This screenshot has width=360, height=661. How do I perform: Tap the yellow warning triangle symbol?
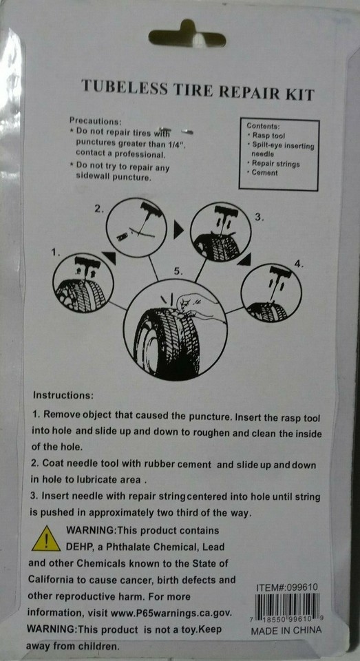pos(46,538)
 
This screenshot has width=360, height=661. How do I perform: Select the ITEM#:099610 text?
pos(286,587)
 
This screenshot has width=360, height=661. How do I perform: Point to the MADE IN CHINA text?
pos(286,631)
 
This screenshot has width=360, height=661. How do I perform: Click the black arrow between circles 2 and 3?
pos(179,231)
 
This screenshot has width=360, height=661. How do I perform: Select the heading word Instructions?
pos(63,395)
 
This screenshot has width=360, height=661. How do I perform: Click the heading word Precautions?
pos(95,121)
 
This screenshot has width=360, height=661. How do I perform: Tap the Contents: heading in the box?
pos(263,126)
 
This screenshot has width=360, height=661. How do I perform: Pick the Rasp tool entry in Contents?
pos(268,136)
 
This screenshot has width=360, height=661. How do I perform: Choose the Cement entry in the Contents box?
pos(264,172)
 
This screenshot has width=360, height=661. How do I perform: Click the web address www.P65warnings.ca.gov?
pos(171,612)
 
